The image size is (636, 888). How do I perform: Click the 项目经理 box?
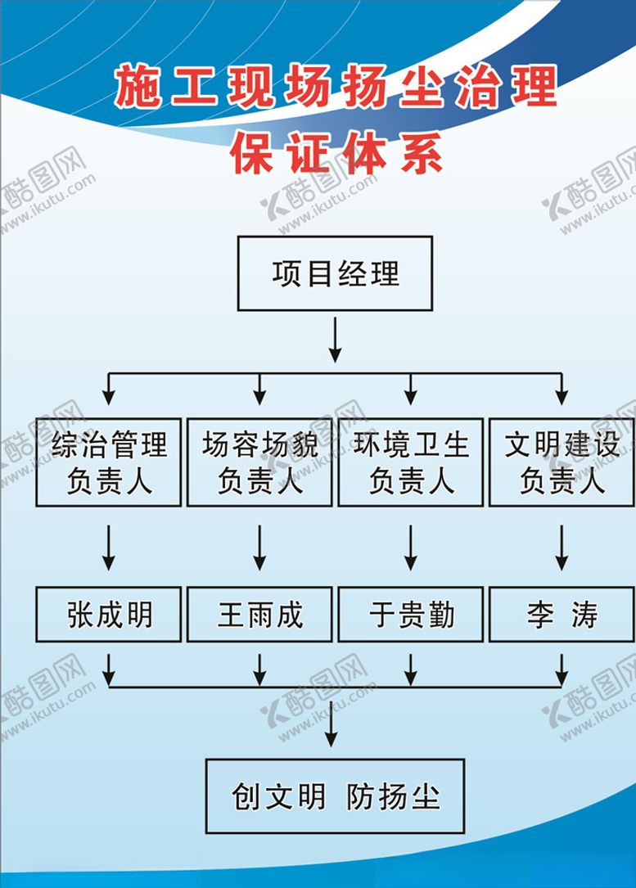[335, 273]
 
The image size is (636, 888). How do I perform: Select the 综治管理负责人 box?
[109, 462]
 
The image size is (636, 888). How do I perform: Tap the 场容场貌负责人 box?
[259, 462]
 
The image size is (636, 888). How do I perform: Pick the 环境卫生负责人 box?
[411, 462]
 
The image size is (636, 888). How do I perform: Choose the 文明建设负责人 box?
[562, 462]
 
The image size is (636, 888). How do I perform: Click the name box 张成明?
[109, 614]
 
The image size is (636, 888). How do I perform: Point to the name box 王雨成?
[259, 614]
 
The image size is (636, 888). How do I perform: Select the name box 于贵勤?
[411, 614]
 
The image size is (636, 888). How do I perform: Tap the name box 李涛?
[562, 614]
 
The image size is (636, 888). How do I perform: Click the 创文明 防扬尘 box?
[335, 796]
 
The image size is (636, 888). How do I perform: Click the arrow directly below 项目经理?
[335, 340]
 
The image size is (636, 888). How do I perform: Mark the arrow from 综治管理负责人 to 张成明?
[109, 547]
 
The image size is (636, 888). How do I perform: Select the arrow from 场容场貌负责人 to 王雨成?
[259, 547]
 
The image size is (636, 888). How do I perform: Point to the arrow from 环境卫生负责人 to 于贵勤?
[411, 547]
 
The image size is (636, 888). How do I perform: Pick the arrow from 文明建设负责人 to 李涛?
[562, 547]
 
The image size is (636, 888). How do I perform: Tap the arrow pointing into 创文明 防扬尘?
[331, 724]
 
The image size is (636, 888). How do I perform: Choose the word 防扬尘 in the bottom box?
[393, 796]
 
